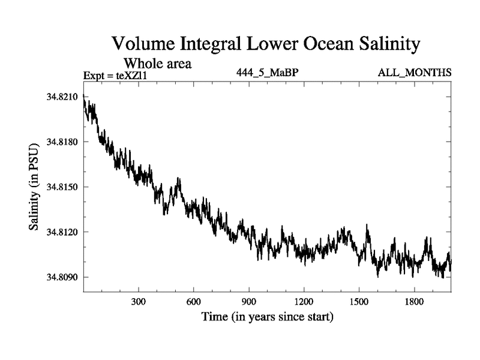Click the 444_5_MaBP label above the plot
267,73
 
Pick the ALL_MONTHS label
415,73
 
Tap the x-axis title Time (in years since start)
267,316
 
